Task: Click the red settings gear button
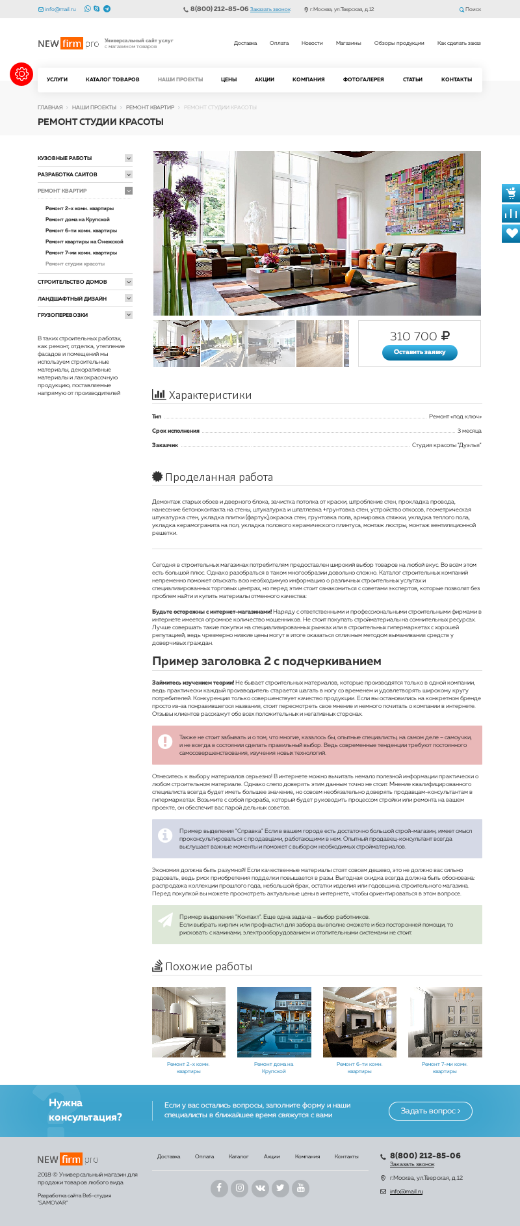point(21,74)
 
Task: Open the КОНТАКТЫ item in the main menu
point(456,79)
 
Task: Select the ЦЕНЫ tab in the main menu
point(229,79)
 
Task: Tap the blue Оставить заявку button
point(420,352)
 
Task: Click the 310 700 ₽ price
point(419,336)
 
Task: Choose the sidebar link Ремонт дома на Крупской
point(77,219)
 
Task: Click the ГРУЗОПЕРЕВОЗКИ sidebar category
point(63,315)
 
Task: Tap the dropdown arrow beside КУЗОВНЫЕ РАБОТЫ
point(129,158)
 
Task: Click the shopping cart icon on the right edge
point(511,193)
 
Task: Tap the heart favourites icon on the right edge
point(511,234)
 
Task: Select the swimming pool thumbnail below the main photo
point(224,344)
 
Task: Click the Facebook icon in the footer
point(219,1188)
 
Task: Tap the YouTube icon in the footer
point(300,1188)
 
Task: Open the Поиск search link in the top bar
point(470,10)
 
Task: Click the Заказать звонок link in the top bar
point(270,10)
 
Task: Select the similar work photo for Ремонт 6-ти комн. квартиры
point(359,1022)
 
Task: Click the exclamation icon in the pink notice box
point(166,742)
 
